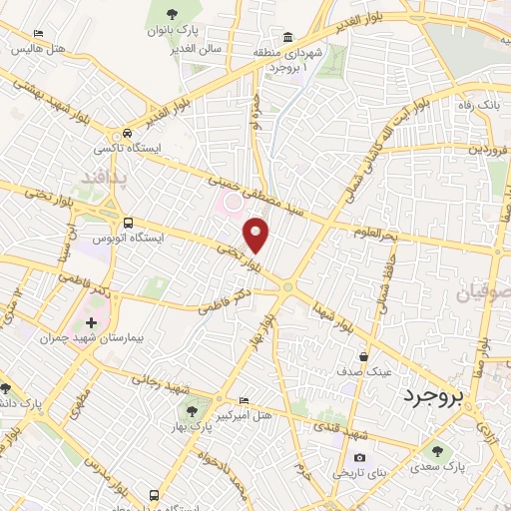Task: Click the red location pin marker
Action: pos(257,236)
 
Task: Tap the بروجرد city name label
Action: pos(434,398)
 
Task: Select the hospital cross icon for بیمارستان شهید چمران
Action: pos(92,323)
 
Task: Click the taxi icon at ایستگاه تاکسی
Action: pos(127,134)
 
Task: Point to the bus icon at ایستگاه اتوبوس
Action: pos(127,224)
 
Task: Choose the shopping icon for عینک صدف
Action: pos(365,356)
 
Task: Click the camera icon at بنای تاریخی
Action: pos(359,458)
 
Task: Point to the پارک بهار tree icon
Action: pos(188,411)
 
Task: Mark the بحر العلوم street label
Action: pos(381,233)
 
